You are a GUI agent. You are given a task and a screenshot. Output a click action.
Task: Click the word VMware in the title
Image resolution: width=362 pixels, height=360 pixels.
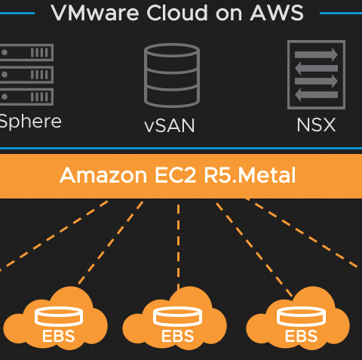95,13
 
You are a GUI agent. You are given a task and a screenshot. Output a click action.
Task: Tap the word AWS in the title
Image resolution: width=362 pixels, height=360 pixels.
277,13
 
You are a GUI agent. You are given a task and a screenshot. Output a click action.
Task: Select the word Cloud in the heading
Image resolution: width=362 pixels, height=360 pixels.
177,13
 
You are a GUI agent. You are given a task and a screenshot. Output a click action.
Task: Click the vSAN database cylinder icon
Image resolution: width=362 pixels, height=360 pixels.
172,75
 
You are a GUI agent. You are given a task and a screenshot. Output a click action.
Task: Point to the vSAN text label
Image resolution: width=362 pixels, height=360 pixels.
170,125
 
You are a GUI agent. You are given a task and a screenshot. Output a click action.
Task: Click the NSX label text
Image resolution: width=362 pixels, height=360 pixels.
316,125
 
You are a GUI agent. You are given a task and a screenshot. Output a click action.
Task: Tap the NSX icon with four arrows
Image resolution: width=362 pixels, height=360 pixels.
316,75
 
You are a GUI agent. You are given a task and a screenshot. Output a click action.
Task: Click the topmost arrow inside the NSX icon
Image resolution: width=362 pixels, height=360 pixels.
316,54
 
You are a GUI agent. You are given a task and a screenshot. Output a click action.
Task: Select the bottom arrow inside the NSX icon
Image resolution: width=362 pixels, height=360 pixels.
316,95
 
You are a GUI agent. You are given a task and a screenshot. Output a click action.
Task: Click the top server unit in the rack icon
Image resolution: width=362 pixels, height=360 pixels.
26,53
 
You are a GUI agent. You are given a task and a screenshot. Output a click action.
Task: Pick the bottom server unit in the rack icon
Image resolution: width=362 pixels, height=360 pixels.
26,97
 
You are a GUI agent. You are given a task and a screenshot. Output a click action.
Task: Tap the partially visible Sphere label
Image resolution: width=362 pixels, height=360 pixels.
31,122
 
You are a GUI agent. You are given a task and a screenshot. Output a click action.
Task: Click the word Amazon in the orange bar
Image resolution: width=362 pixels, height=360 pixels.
103,175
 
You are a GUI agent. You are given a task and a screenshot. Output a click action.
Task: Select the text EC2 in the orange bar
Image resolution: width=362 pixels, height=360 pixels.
175,175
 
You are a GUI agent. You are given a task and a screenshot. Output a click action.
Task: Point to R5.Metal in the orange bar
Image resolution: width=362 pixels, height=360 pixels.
250,175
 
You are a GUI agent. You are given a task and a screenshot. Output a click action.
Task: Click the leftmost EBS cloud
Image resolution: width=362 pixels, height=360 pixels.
56,318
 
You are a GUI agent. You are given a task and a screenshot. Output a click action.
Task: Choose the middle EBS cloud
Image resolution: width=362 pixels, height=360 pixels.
175,318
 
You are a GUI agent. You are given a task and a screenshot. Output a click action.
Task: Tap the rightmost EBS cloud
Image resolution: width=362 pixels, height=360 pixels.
298,318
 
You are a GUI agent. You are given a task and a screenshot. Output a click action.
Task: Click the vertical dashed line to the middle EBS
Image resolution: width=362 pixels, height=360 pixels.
178,247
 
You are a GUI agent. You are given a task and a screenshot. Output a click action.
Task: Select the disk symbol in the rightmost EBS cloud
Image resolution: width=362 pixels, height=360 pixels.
301,316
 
